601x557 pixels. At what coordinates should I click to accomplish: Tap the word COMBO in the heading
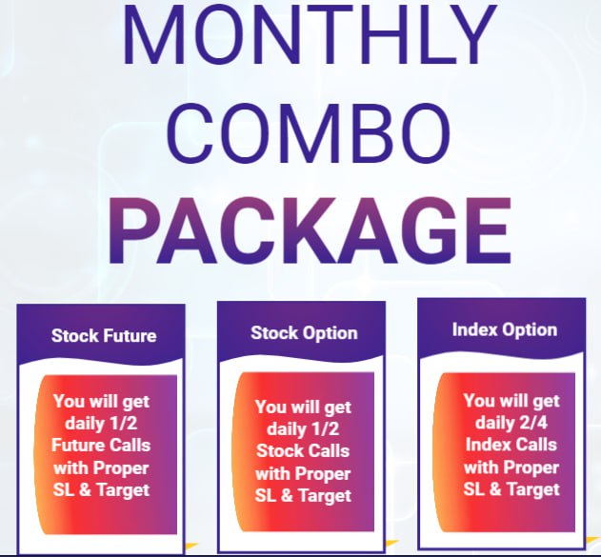click(x=309, y=133)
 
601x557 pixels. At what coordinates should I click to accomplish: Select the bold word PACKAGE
click(x=311, y=231)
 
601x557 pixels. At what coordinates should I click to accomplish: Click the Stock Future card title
click(x=104, y=335)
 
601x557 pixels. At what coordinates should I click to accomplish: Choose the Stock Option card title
click(x=304, y=333)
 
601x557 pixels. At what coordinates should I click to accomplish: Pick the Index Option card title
click(x=505, y=329)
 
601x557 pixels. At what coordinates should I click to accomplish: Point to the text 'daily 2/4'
click(x=511, y=423)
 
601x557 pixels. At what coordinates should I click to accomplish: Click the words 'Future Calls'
click(x=101, y=446)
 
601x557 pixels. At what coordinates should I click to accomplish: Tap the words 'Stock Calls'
click(x=303, y=450)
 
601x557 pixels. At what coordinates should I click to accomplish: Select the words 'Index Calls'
click(x=511, y=445)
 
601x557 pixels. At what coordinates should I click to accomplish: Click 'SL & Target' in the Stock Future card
click(x=101, y=490)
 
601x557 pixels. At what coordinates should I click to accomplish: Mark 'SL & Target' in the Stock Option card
click(x=303, y=496)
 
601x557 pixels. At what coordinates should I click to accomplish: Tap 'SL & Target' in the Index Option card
click(x=511, y=489)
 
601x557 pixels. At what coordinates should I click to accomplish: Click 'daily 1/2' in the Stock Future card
click(x=101, y=424)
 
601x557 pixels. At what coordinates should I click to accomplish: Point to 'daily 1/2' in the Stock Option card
click(x=303, y=428)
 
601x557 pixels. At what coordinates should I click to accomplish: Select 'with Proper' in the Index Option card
click(x=511, y=467)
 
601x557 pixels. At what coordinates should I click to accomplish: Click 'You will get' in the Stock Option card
click(x=303, y=408)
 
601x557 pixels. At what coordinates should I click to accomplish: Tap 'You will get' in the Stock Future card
click(x=101, y=402)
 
